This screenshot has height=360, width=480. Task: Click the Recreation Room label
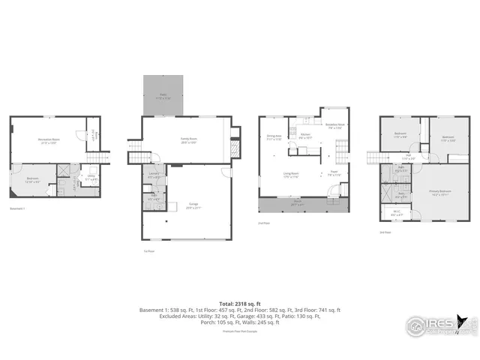(x=49, y=140)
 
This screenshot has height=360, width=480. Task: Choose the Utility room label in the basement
(x=90, y=178)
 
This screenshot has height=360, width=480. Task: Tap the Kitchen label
(x=305, y=137)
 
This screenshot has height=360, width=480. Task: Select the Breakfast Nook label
(x=334, y=126)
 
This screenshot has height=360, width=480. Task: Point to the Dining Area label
(x=274, y=137)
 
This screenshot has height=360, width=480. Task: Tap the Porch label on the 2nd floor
(x=297, y=203)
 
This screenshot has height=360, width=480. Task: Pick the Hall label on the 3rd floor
(x=409, y=157)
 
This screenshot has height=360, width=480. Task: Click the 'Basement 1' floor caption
(x=18, y=208)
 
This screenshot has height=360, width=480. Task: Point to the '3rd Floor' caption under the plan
(x=385, y=232)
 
